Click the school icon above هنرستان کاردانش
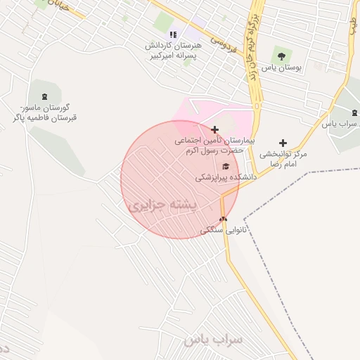(173, 34)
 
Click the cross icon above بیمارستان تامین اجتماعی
(214, 129)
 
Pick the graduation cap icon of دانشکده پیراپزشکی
(225, 166)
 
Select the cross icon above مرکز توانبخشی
(283, 143)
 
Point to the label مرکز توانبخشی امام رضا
(283, 157)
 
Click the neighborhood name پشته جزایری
(165, 205)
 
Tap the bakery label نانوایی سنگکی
(221, 229)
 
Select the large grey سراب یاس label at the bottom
(214, 340)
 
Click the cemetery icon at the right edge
(354, 112)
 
